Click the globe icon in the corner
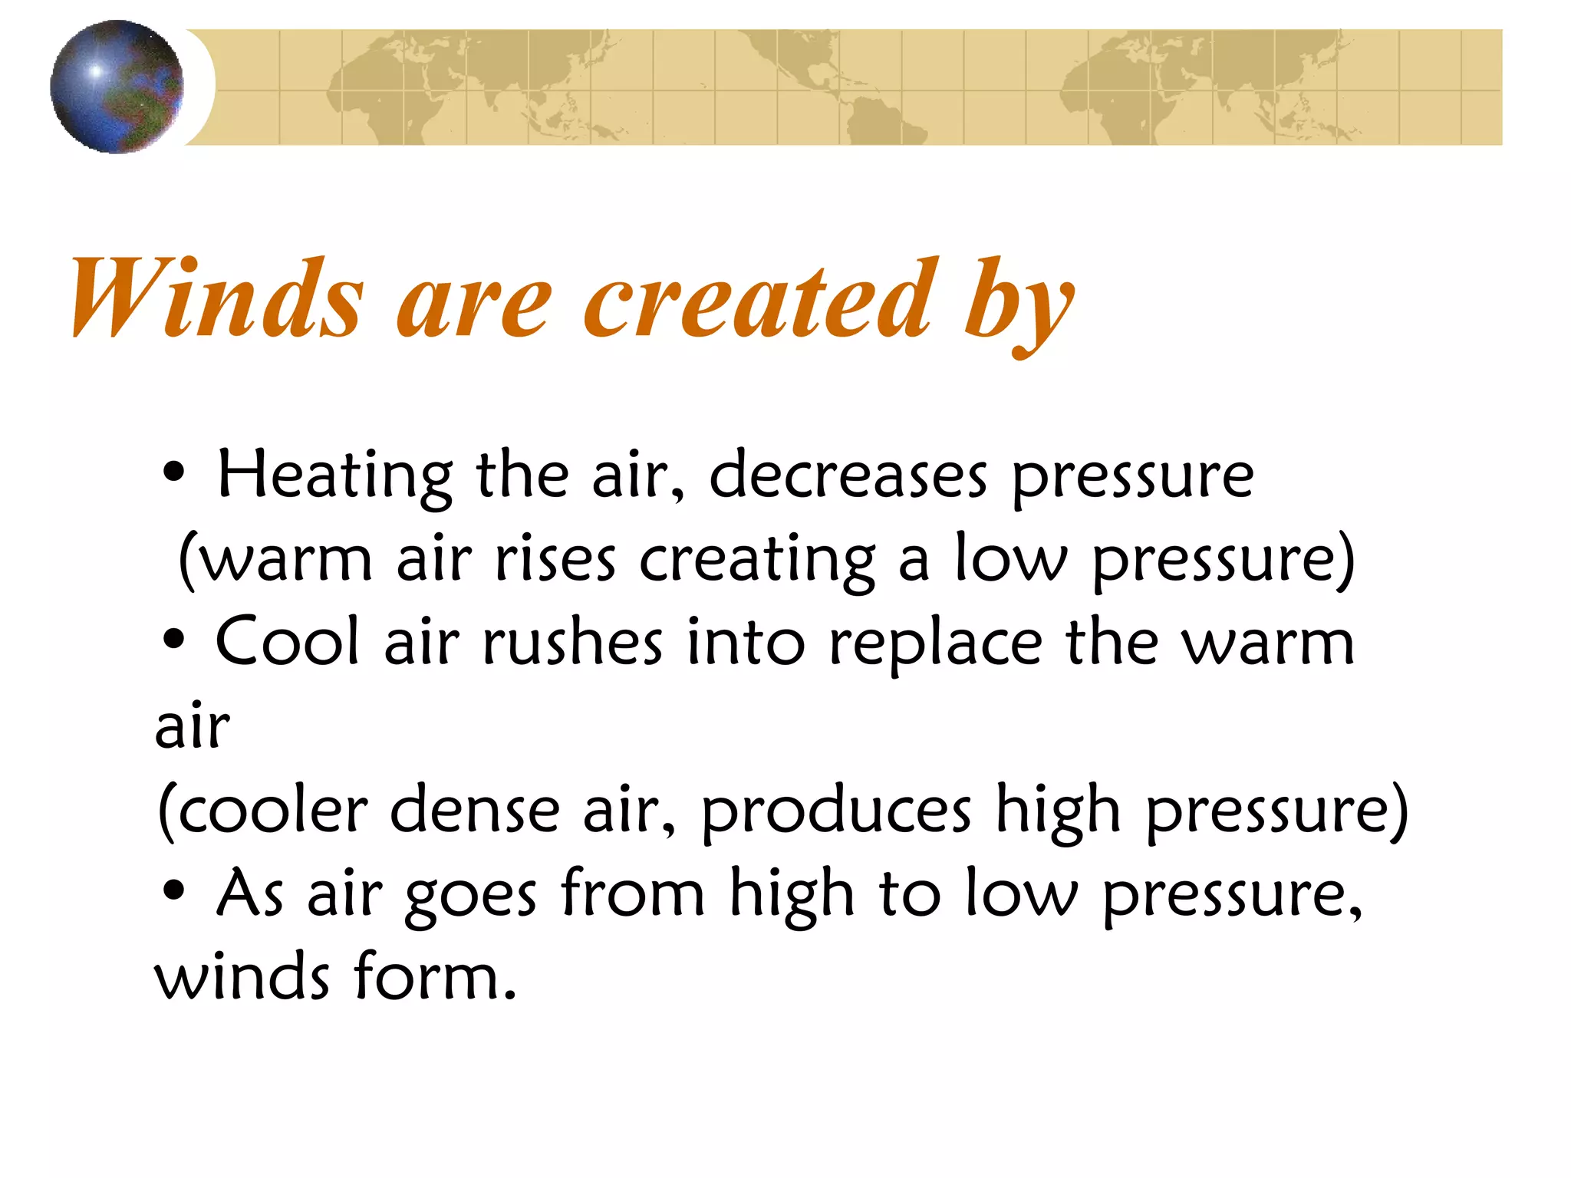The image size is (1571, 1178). point(117,87)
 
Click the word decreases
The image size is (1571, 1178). point(848,476)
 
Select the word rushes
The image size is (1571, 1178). point(572,643)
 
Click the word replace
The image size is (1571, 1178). point(935,644)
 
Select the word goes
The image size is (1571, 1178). point(470,896)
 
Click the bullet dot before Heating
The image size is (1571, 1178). point(174,473)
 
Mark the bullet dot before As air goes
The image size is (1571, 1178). point(174,890)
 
